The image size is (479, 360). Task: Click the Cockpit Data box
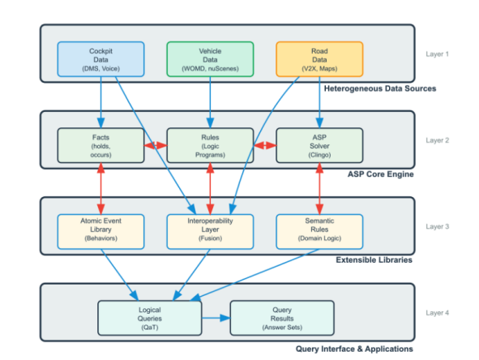point(101,60)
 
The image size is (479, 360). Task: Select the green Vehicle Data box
point(210,60)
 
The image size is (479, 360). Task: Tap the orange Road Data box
point(319,60)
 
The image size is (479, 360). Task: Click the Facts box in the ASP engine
point(101,145)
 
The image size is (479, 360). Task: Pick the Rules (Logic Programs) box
point(210,145)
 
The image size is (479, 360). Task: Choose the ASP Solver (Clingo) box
point(319,145)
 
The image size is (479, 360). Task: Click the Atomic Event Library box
point(101,231)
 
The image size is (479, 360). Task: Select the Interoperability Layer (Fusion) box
point(210,231)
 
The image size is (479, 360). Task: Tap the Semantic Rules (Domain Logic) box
point(319,231)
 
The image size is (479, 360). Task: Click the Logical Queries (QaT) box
point(149,317)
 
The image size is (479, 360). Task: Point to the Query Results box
point(281,317)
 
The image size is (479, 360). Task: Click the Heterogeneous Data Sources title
point(368,88)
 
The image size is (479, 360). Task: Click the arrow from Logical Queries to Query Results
point(215,317)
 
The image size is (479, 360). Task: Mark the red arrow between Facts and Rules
point(155,146)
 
